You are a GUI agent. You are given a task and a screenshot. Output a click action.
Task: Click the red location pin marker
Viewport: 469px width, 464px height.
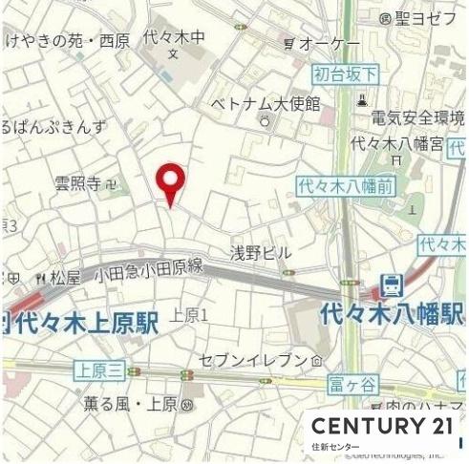(171, 181)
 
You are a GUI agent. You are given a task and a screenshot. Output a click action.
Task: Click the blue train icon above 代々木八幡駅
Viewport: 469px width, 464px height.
(392, 285)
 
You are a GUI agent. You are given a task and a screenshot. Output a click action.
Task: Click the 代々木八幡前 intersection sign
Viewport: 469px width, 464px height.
(345, 186)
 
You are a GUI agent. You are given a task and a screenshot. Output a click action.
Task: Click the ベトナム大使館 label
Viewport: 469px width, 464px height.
(266, 103)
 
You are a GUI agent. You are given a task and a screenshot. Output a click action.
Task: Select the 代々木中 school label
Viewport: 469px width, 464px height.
(174, 37)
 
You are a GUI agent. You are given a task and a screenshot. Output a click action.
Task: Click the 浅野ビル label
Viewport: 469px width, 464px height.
(260, 253)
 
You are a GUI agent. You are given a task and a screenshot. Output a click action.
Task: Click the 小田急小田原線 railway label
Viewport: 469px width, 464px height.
(148, 272)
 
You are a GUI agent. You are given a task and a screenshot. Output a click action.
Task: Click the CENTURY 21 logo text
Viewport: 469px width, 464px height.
(381, 426)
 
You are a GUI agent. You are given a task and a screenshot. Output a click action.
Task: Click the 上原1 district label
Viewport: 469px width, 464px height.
(188, 314)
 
